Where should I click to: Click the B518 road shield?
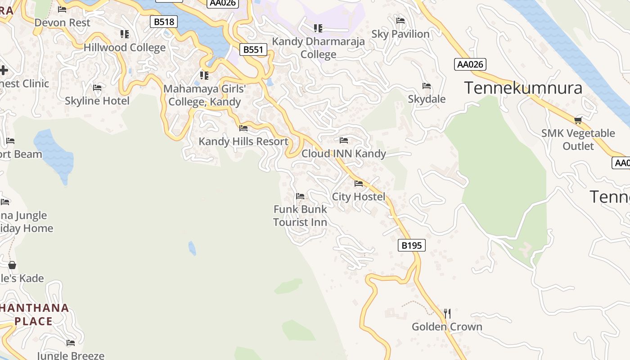coord(164,21)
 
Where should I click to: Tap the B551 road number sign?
coord(253,49)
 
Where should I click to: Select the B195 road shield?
coord(412,245)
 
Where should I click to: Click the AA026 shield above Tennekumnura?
coord(470,64)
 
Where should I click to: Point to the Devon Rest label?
coord(62,22)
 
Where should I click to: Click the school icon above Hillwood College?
coord(125,34)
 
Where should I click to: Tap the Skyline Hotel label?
coord(97,101)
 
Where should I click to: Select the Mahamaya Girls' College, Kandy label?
coord(205,95)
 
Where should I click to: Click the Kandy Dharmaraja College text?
coord(319,48)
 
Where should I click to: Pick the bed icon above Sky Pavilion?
coord(400,21)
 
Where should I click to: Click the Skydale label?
coord(427,99)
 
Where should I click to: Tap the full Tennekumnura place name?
coord(523,88)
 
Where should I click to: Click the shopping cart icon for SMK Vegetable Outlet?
coord(578,120)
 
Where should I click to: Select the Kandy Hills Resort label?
coord(243,141)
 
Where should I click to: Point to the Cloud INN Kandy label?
coord(344,153)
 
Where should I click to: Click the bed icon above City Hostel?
coord(359,183)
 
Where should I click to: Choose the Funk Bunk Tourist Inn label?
coord(300,216)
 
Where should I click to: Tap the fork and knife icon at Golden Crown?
coord(447,313)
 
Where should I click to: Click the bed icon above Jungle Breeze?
coord(71,343)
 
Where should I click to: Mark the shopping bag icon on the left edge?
coord(12,265)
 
